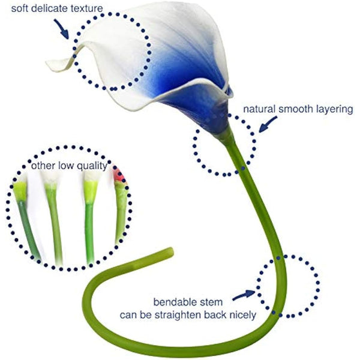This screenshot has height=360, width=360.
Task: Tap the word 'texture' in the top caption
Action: pos(85,8)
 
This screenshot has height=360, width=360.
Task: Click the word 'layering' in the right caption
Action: pos(334,110)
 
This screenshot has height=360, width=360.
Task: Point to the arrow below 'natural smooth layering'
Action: pos(268,124)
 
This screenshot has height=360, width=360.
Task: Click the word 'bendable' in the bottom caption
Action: pos(173,301)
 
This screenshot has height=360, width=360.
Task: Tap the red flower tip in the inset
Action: pos(118,175)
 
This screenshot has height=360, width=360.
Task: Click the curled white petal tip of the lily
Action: pos(55,62)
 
